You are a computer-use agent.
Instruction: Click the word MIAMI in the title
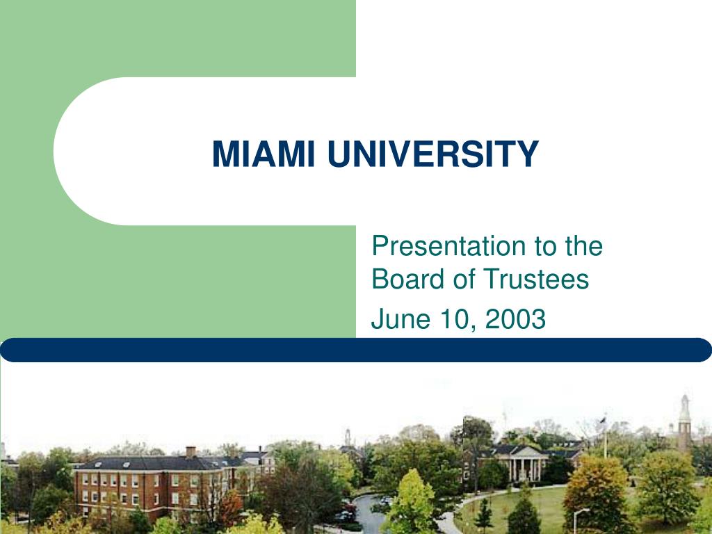(264, 154)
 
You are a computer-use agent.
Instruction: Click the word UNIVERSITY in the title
(432, 154)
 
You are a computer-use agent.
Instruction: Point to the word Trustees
(535, 278)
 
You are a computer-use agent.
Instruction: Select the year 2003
(515, 318)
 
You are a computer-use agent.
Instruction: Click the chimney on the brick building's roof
(191, 452)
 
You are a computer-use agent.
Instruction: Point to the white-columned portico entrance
(524, 464)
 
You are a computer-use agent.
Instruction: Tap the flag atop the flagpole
(603, 421)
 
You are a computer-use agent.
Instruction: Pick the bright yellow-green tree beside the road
(412, 502)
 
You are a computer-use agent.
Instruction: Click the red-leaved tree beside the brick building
(231, 507)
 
